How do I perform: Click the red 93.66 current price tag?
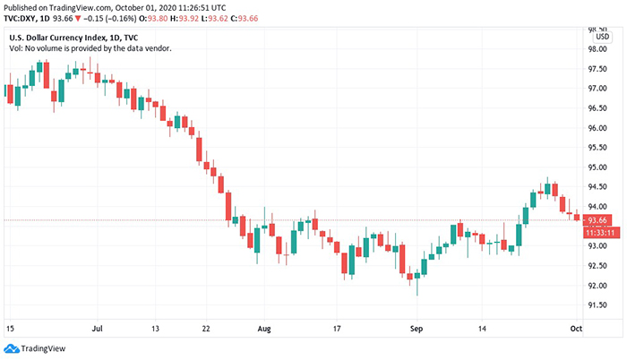[x=597, y=220]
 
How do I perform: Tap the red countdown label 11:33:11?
[x=597, y=232]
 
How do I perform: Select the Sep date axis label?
[x=415, y=330]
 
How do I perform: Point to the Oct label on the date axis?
[x=576, y=330]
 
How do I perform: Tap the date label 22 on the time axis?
[x=206, y=330]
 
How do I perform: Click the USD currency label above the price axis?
[x=602, y=37]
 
